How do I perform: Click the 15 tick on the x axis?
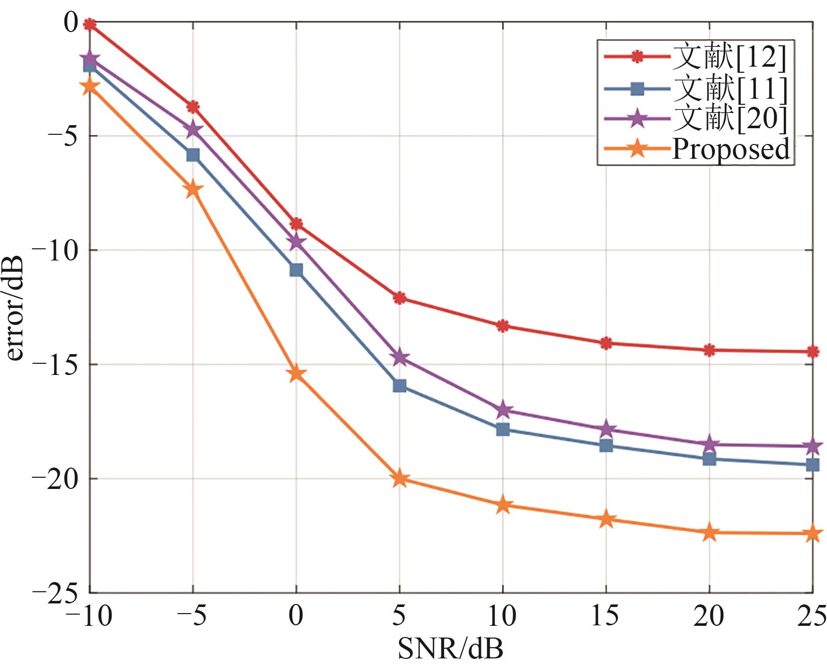[x=605, y=616]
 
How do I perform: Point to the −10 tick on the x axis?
[x=89, y=616]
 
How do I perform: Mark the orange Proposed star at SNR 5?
[x=400, y=479]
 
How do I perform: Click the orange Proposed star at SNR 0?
[x=296, y=374]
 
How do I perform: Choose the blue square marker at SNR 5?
[x=400, y=386]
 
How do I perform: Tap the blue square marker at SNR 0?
[x=296, y=270]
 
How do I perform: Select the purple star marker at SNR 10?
[x=503, y=410]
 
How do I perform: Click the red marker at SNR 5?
[x=400, y=298]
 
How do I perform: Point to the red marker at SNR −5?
[x=193, y=107]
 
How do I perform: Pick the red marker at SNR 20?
[x=709, y=350]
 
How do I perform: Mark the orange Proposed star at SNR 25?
[x=813, y=534]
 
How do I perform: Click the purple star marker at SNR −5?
[x=193, y=130]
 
